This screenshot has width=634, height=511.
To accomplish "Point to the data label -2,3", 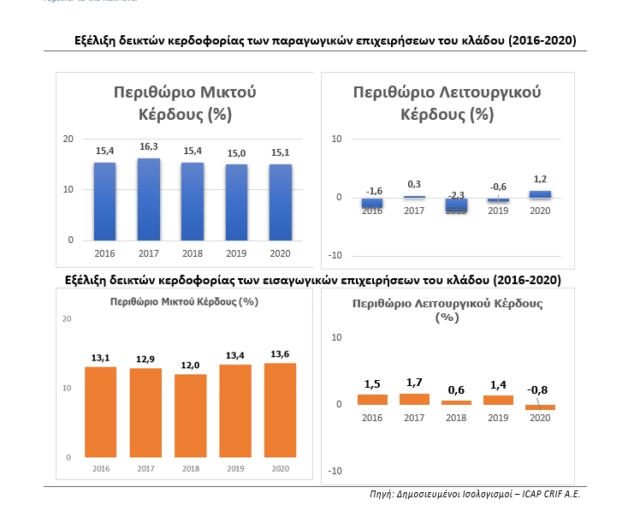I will pos(456,195).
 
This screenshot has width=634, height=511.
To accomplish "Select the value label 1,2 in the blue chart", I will pos(540,180).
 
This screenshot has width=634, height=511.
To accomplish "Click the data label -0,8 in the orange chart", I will pos(538,390).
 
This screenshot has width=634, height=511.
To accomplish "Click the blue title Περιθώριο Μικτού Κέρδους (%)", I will pos(185,102).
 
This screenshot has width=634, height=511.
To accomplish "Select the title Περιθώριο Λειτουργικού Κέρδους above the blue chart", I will pos(447,102).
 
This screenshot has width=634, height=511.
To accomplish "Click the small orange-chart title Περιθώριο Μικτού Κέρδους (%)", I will pos(184,301).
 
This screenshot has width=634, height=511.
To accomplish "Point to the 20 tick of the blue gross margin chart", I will pos(68,139).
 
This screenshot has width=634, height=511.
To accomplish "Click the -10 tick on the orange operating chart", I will pos(335,470).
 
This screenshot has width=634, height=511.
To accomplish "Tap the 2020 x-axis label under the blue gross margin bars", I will pos(281,253).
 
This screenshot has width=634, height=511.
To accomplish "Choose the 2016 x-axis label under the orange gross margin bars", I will pos(103,470).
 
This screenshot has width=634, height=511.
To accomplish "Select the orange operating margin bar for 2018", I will pos(456,401).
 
